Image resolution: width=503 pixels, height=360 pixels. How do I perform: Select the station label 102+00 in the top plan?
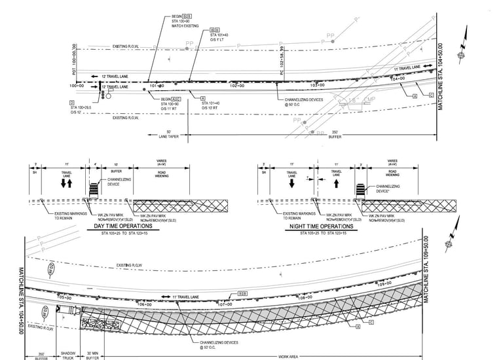pos(237,86)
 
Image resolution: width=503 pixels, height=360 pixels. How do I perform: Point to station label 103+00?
pos(317,86)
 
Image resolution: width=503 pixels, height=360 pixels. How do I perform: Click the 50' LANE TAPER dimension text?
pos(169,134)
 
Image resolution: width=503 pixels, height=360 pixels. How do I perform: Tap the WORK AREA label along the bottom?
pos(288,356)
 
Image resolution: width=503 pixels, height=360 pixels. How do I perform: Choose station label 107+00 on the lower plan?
pos(225,304)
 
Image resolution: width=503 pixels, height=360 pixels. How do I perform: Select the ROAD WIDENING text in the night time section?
pos(392,173)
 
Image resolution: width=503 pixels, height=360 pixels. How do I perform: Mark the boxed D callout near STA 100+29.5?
pos(71,102)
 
